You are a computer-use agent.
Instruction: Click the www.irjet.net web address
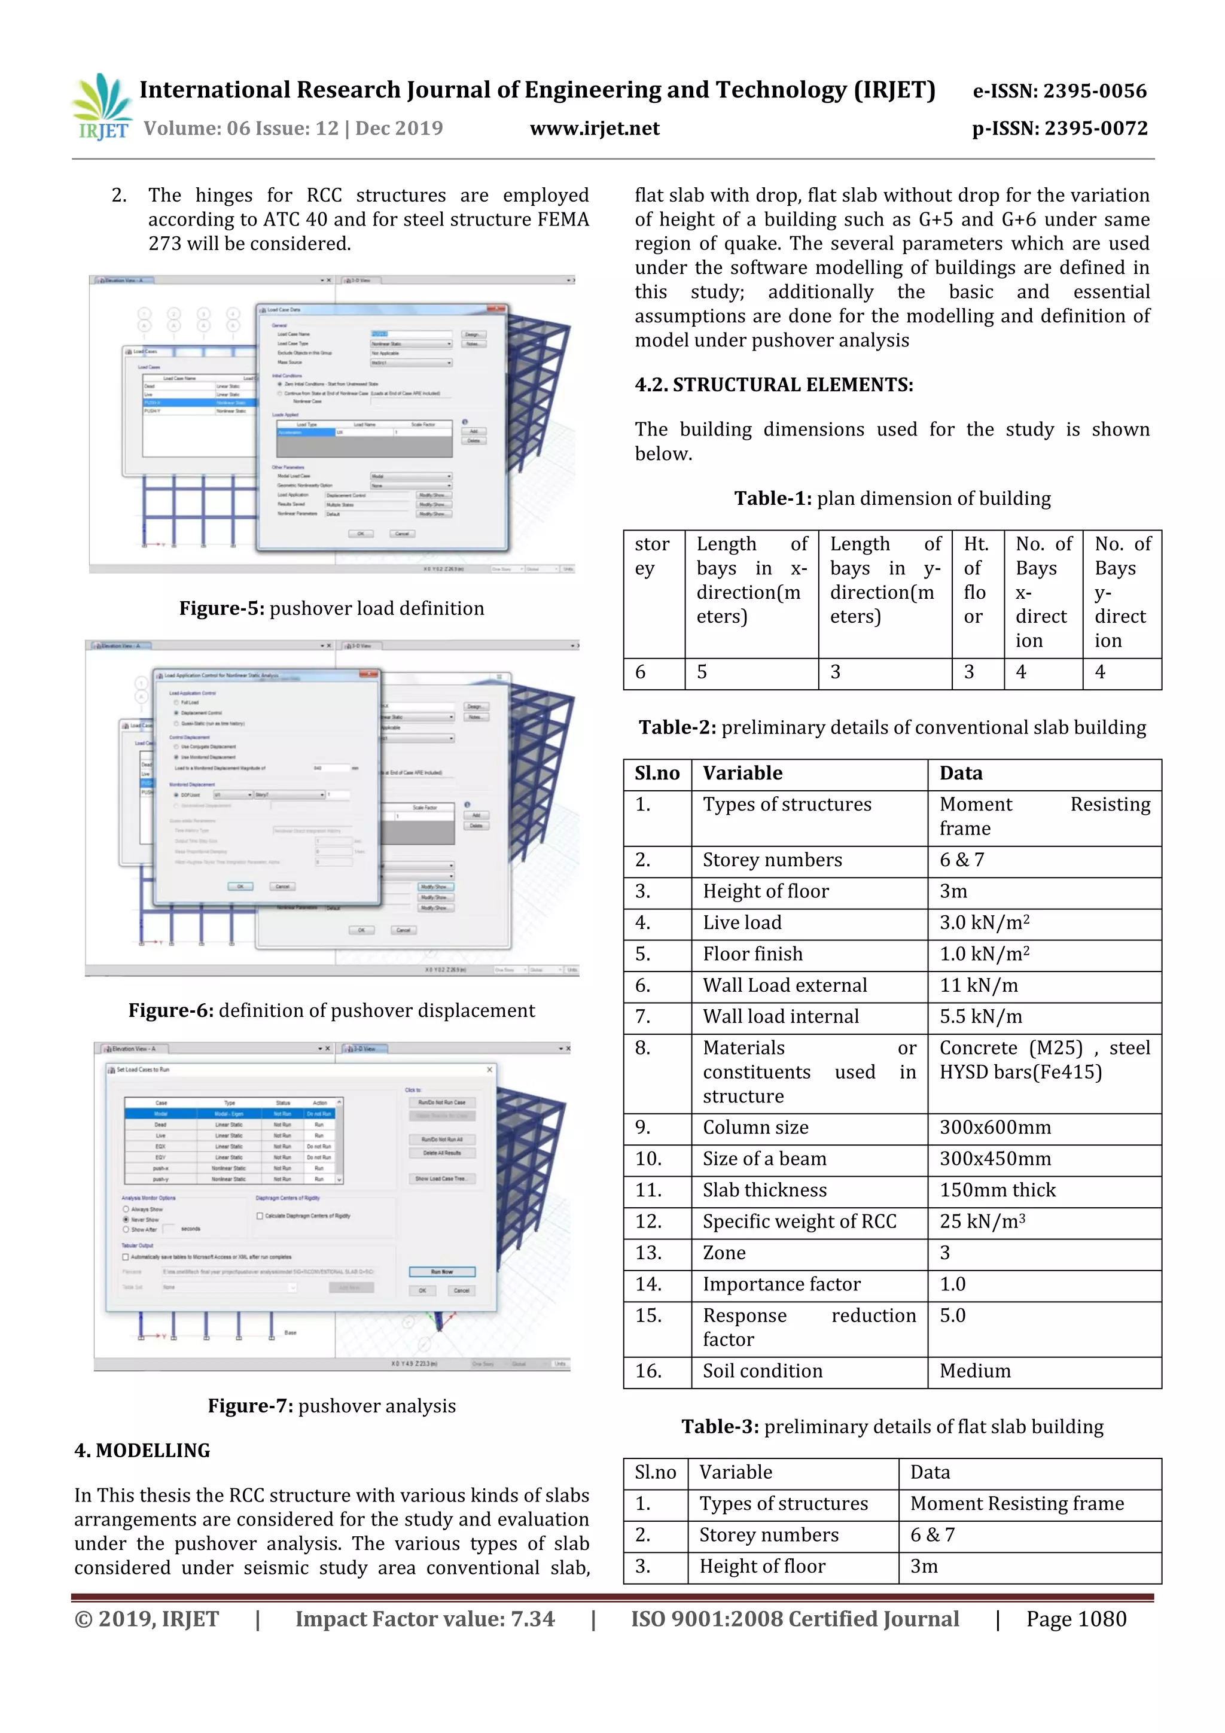pos(594,128)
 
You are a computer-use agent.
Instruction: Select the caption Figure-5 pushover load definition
pos(331,608)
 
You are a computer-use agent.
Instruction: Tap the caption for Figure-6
pos(331,1010)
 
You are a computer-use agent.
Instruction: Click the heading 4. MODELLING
pos(142,1451)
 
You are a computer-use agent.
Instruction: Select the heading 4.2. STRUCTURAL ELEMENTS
pos(773,385)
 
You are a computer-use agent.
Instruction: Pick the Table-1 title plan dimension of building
pos(892,499)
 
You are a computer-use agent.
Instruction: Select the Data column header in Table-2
pos(961,773)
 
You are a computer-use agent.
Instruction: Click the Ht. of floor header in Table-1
pos(977,580)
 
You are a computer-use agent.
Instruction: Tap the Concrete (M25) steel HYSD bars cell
pos(1044,1060)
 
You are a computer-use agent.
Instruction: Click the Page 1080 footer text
pos(1075,1619)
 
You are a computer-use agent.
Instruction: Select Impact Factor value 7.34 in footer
pos(424,1619)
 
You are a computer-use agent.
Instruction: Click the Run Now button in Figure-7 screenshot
pos(441,1272)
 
